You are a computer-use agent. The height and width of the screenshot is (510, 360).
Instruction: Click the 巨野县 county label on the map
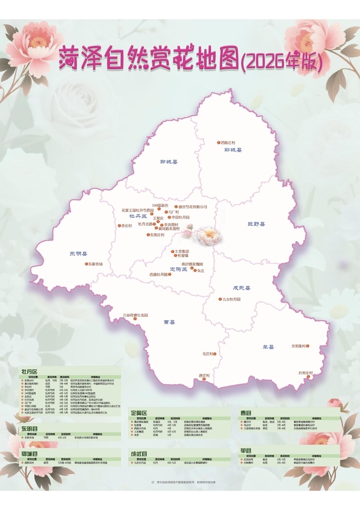coord(256,224)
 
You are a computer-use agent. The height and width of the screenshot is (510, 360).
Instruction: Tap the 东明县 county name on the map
coord(78,254)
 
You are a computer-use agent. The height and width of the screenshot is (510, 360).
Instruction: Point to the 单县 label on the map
coord(268,347)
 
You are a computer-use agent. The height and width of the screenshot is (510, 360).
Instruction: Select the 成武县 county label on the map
coord(241,288)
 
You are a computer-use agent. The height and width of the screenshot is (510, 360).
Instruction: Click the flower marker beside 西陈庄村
coord(217,143)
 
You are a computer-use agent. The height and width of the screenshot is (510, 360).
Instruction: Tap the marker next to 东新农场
coord(86,264)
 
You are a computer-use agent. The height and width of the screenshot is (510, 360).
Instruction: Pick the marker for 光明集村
coord(308,346)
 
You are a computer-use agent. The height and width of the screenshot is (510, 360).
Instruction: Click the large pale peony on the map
coord(207,236)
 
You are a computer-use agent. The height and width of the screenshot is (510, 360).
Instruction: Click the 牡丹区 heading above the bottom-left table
coord(29,372)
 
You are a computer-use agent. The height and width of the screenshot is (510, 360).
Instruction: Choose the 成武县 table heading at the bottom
coord(139,453)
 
